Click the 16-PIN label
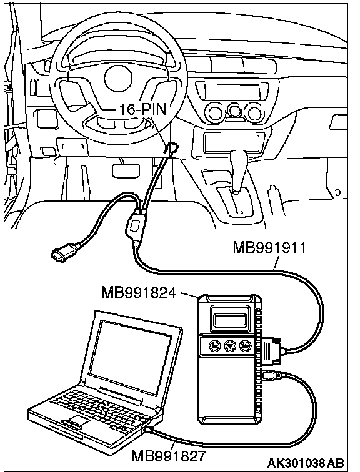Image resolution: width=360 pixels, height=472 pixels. click(143, 109)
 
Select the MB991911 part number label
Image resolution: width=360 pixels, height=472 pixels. click(269, 248)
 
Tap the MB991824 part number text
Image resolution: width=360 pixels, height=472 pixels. click(139, 292)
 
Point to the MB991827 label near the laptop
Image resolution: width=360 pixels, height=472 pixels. click(169, 456)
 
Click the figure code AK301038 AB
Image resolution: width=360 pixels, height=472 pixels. click(306, 463)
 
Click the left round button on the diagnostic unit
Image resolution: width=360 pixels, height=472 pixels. click(214, 346)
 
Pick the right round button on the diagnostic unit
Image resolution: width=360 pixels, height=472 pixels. click(245, 346)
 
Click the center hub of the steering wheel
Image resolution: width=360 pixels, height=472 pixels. click(117, 78)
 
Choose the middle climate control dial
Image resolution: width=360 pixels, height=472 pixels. click(234, 111)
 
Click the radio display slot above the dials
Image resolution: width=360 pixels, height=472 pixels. click(232, 92)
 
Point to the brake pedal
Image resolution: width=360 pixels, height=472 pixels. click(126, 170)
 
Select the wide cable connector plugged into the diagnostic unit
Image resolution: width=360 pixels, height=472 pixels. click(271, 351)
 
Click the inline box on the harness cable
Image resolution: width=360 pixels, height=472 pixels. click(135, 227)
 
